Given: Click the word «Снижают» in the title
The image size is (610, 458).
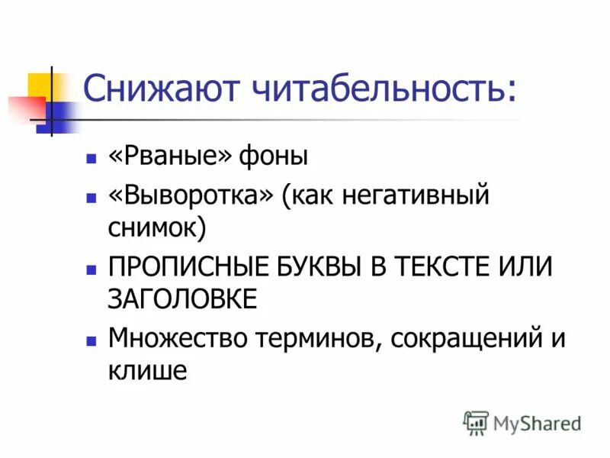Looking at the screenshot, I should point(152,90).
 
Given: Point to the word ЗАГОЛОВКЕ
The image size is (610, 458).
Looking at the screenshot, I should point(182,298).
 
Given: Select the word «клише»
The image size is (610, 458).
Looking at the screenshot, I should point(147,369).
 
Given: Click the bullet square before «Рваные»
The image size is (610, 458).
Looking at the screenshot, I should point(91,160).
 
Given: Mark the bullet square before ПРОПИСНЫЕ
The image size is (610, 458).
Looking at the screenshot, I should point(91,269).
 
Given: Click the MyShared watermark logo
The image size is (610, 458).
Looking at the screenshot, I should point(522,422).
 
